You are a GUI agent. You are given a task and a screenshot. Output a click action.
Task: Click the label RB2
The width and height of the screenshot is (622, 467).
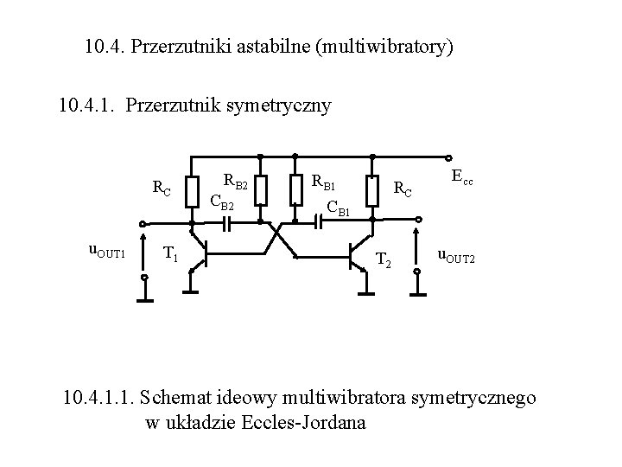coord(236,182)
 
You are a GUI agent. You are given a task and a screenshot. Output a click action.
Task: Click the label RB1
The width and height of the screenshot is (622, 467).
coord(324,182)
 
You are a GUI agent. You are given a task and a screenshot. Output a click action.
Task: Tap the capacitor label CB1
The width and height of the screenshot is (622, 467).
coord(338,207)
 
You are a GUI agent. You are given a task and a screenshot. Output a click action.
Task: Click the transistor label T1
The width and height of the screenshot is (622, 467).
coord(171,253)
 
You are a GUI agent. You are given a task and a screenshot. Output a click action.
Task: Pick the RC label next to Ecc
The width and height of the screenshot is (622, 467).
coord(403,187)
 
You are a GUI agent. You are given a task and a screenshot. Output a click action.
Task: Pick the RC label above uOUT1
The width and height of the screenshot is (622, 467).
coord(161,187)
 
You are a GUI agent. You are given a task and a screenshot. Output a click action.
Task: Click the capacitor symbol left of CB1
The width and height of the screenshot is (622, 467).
coord(318,222)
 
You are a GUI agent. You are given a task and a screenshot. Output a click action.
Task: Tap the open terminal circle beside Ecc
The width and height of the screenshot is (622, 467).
coord(449,157)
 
